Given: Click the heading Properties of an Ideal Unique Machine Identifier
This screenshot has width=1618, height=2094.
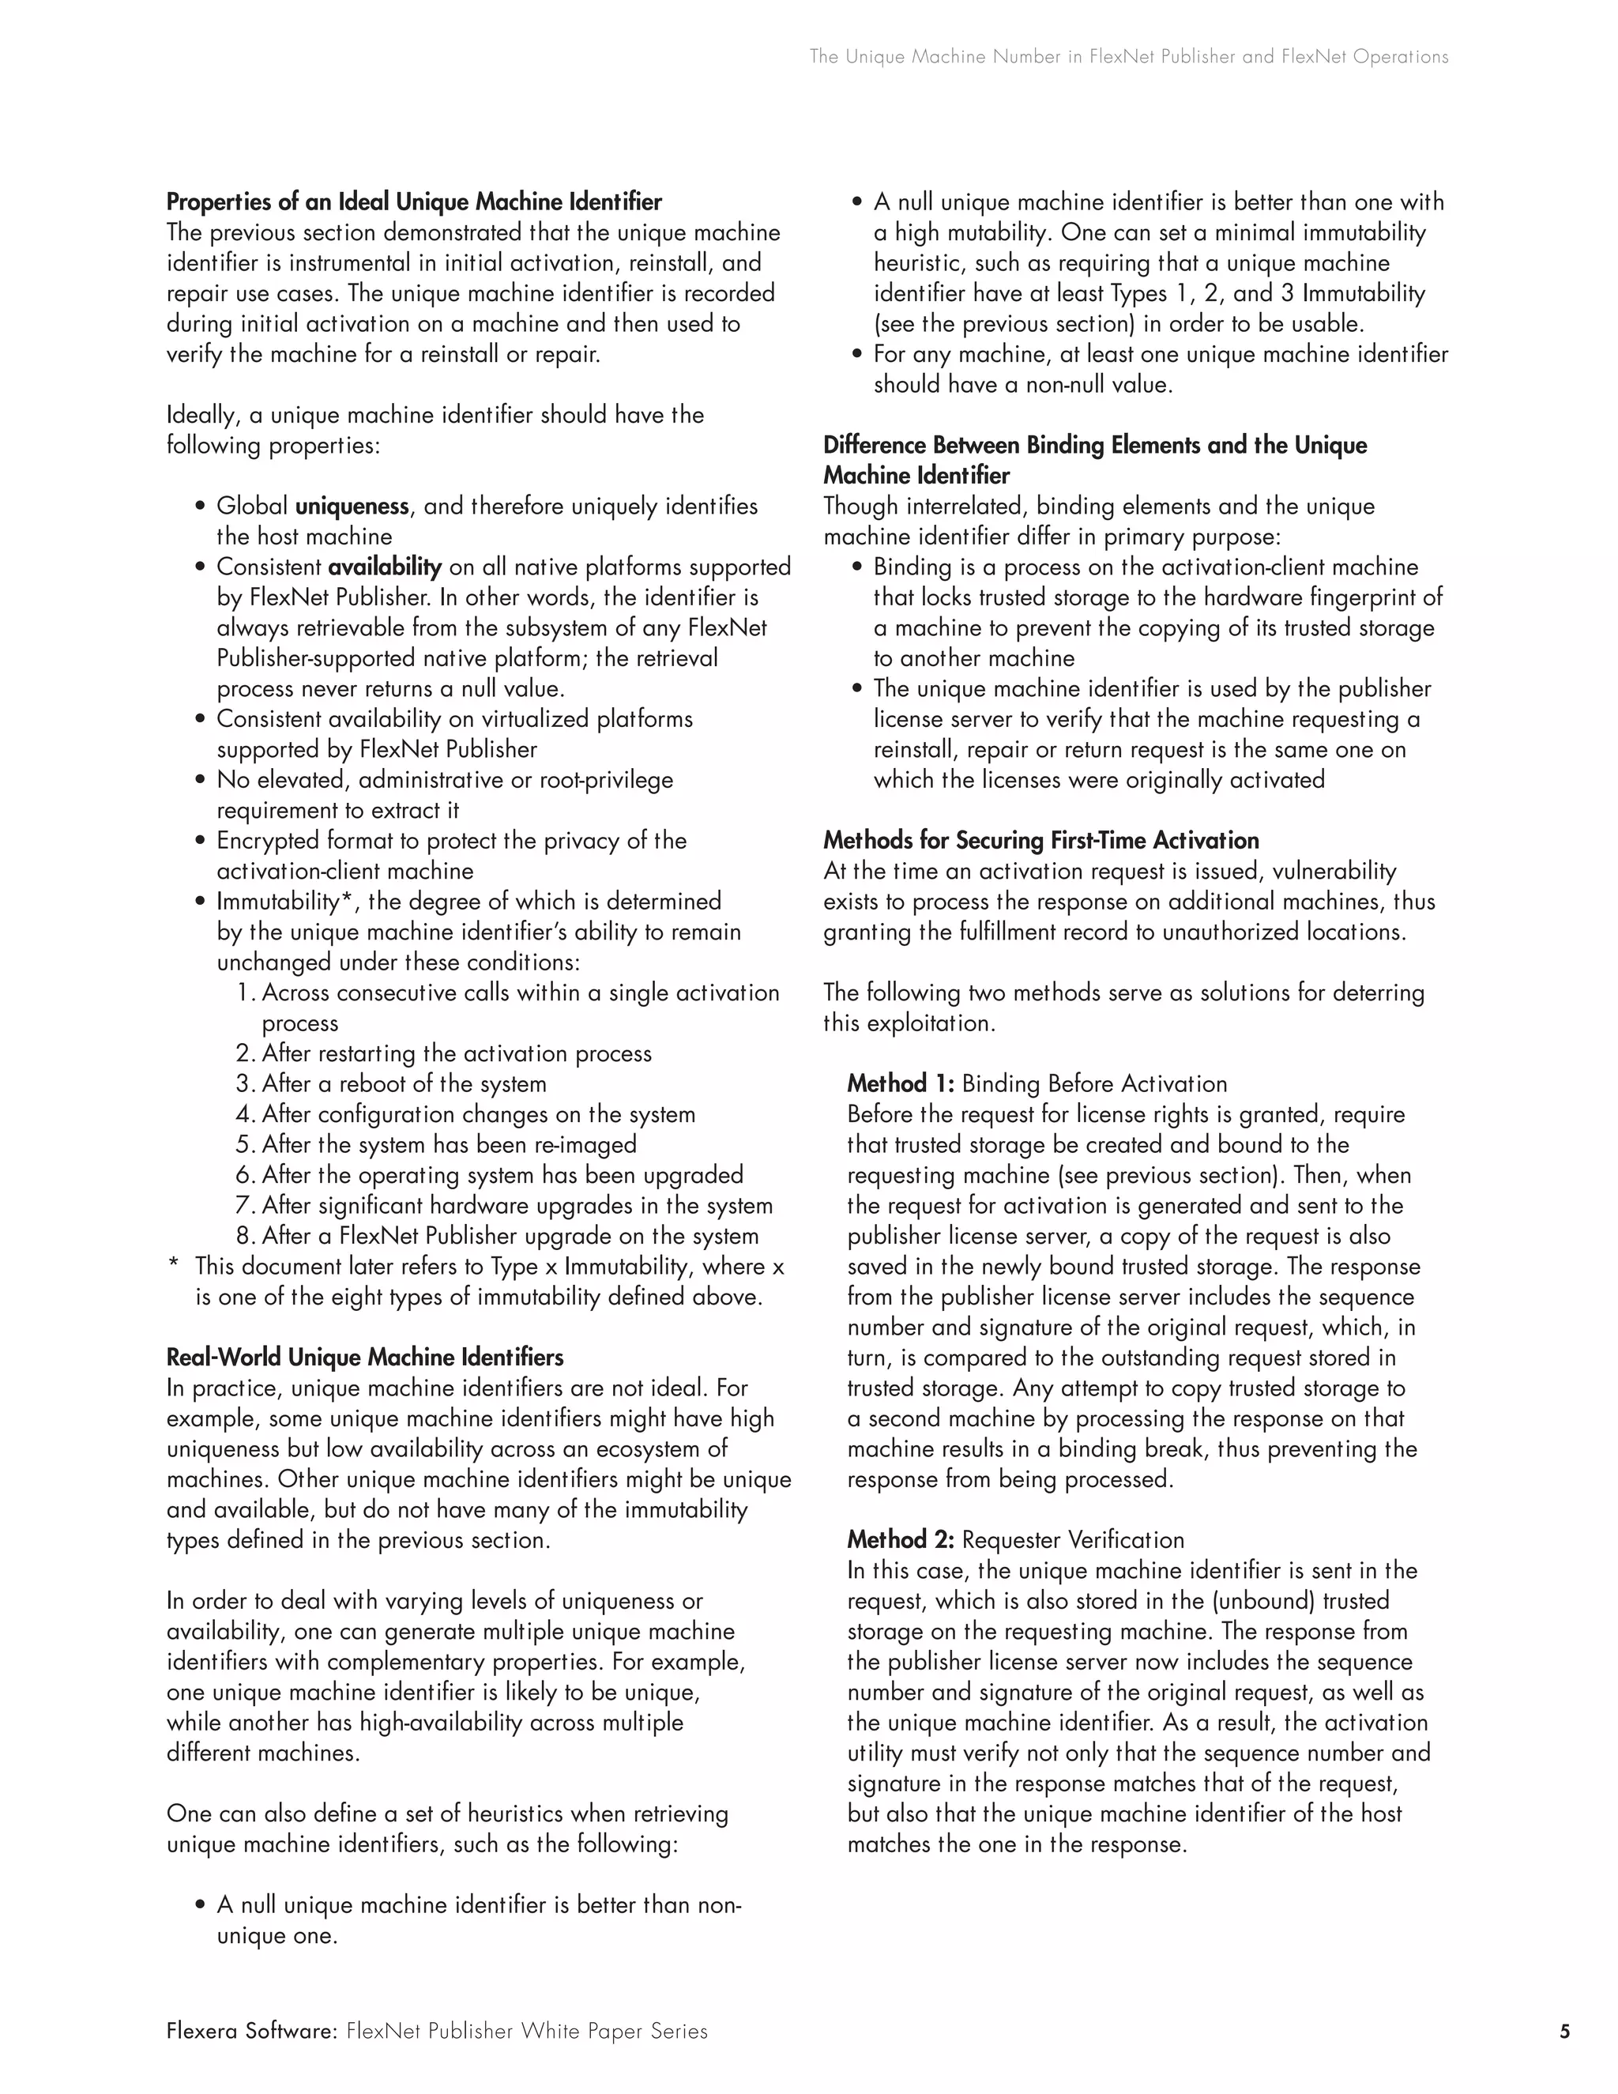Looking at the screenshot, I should (x=414, y=202).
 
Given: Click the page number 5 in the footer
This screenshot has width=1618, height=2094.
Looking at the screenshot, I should (x=1565, y=2031).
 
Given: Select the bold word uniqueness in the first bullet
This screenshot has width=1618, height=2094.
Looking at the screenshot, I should (x=352, y=507).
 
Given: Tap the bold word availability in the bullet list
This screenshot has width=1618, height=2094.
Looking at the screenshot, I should (x=385, y=567).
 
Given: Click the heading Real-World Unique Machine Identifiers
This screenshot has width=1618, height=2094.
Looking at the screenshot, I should (x=364, y=1358).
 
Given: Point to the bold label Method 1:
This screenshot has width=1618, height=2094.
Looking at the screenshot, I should (x=900, y=1084).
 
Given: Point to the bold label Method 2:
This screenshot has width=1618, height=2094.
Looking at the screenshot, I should (x=900, y=1540).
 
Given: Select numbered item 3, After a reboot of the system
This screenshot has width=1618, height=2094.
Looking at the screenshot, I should (x=391, y=1084).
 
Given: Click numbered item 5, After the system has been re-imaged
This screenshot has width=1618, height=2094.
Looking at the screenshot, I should (x=436, y=1145).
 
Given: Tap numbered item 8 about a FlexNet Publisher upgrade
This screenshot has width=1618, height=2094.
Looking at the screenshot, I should (x=498, y=1236).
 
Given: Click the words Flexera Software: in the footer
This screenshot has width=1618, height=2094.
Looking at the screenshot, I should (x=252, y=2031).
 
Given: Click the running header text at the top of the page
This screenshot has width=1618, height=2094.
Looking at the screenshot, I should (x=1128, y=57).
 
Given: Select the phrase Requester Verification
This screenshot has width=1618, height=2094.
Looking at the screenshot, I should (x=1073, y=1540).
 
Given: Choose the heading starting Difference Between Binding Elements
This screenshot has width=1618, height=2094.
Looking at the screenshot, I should (x=1095, y=446).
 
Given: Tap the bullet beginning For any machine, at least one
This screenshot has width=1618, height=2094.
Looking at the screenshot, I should (x=1160, y=355).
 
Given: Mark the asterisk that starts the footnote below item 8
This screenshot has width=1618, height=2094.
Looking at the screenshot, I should (x=174, y=1267).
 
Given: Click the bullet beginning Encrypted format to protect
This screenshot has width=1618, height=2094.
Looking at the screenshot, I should (x=450, y=841).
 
